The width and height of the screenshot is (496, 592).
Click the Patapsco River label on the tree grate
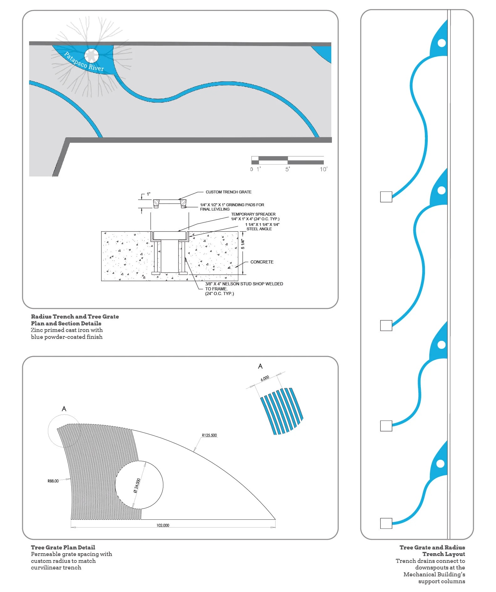pyautogui.click(x=84, y=62)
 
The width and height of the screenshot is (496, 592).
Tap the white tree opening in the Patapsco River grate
pyautogui.click(x=91, y=56)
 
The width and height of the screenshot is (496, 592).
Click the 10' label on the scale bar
pyautogui.click(x=323, y=169)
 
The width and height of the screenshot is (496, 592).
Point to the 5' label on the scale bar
pyautogui.click(x=287, y=169)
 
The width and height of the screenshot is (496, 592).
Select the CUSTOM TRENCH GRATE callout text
pyautogui.click(x=229, y=192)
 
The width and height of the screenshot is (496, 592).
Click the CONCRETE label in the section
pyautogui.click(x=262, y=262)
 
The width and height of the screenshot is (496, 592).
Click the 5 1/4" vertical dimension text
pyautogui.click(x=243, y=244)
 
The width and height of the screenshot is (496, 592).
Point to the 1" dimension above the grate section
pyautogui.click(x=149, y=194)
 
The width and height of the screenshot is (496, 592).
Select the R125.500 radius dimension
pyautogui.click(x=209, y=435)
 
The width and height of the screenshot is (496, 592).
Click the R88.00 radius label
pyautogui.click(x=53, y=481)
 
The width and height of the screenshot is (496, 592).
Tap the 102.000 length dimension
pyautogui.click(x=163, y=525)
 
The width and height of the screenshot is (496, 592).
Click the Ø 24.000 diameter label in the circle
pyautogui.click(x=137, y=485)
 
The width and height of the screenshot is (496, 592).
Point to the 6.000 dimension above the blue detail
pyautogui.click(x=265, y=378)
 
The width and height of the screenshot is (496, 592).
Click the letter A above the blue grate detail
pyautogui.click(x=260, y=366)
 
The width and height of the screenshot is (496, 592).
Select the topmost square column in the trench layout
pyautogui.click(x=386, y=197)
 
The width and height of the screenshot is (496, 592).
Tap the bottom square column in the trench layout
pyautogui.click(x=386, y=523)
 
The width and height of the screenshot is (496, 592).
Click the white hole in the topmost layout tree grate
pyautogui.click(x=442, y=43)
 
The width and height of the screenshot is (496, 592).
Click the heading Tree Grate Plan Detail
pyautogui.click(x=63, y=547)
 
